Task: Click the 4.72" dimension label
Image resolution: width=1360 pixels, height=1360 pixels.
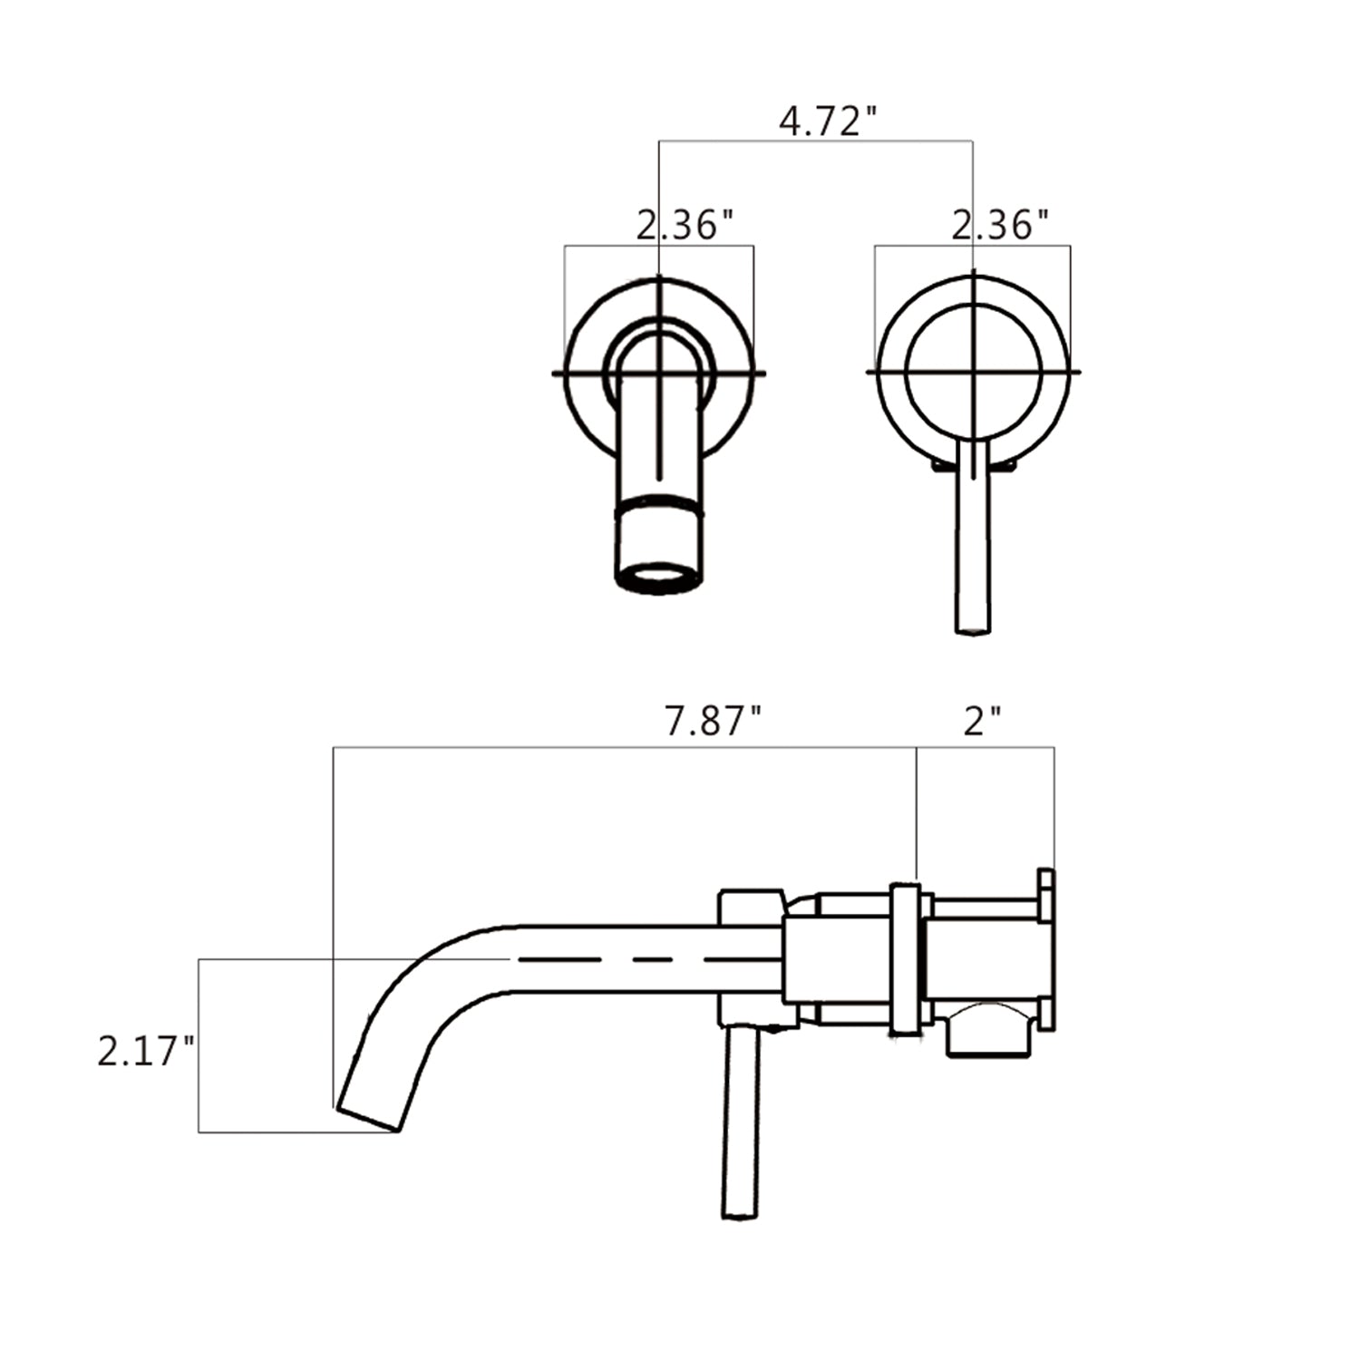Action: pos(829,121)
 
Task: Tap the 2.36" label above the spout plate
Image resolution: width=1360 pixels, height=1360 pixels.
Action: pos(685,224)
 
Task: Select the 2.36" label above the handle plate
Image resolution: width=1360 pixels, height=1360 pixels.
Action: pos(1000,224)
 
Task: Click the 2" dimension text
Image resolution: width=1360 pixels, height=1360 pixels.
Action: pos(982,723)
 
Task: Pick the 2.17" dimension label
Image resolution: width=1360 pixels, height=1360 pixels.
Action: pos(146,1053)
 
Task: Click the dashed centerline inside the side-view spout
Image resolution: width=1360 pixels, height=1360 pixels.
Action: pos(635,958)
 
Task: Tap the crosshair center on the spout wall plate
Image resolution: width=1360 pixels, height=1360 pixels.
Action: pos(659,373)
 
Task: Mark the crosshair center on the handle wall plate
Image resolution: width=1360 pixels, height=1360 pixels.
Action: pos(973,372)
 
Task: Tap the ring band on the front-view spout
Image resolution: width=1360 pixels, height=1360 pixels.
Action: pos(659,508)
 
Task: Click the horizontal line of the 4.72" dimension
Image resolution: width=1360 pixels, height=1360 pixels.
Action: pos(816,141)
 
